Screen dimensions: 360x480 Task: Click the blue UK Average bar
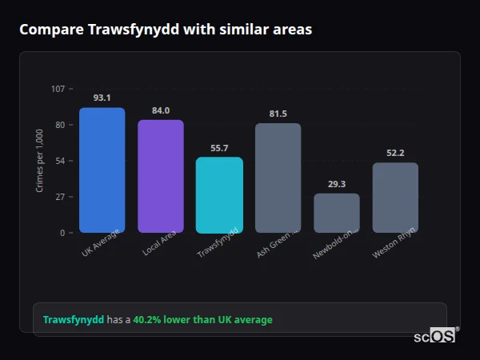[x=102, y=170]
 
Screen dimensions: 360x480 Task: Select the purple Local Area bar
[x=161, y=176]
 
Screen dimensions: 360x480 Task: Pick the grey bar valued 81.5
[x=278, y=178]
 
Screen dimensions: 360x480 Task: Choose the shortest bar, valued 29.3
[x=336, y=213]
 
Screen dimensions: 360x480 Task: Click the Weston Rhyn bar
[x=395, y=198]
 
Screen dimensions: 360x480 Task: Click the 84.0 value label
[x=161, y=110]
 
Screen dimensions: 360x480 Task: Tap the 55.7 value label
[x=219, y=148]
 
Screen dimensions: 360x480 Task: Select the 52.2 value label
[x=395, y=154]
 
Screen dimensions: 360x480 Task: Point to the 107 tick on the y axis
[x=58, y=88]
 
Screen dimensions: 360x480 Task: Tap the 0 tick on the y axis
[x=62, y=233]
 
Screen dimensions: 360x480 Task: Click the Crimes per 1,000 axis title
[x=40, y=161]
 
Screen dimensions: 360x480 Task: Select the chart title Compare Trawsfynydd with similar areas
[x=166, y=30]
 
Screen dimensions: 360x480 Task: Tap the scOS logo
[x=435, y=336]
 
